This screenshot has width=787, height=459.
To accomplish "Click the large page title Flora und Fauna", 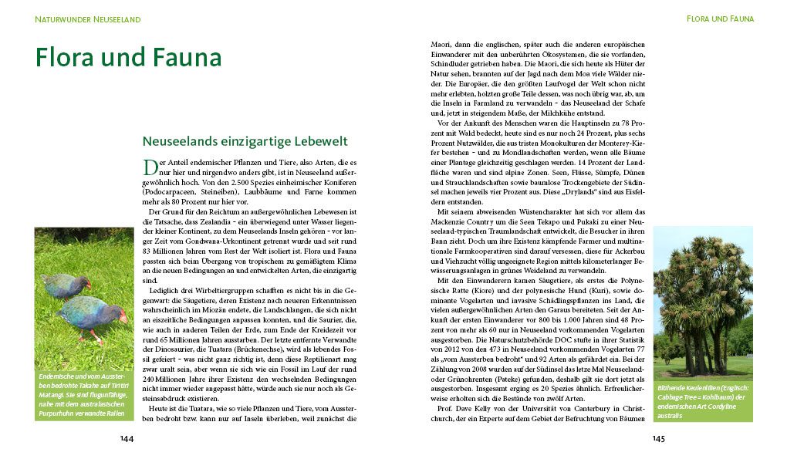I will coord(128,59).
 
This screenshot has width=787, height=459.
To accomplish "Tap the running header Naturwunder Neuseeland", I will coord(87,19).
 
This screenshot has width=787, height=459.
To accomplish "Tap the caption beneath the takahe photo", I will coord(83,395).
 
